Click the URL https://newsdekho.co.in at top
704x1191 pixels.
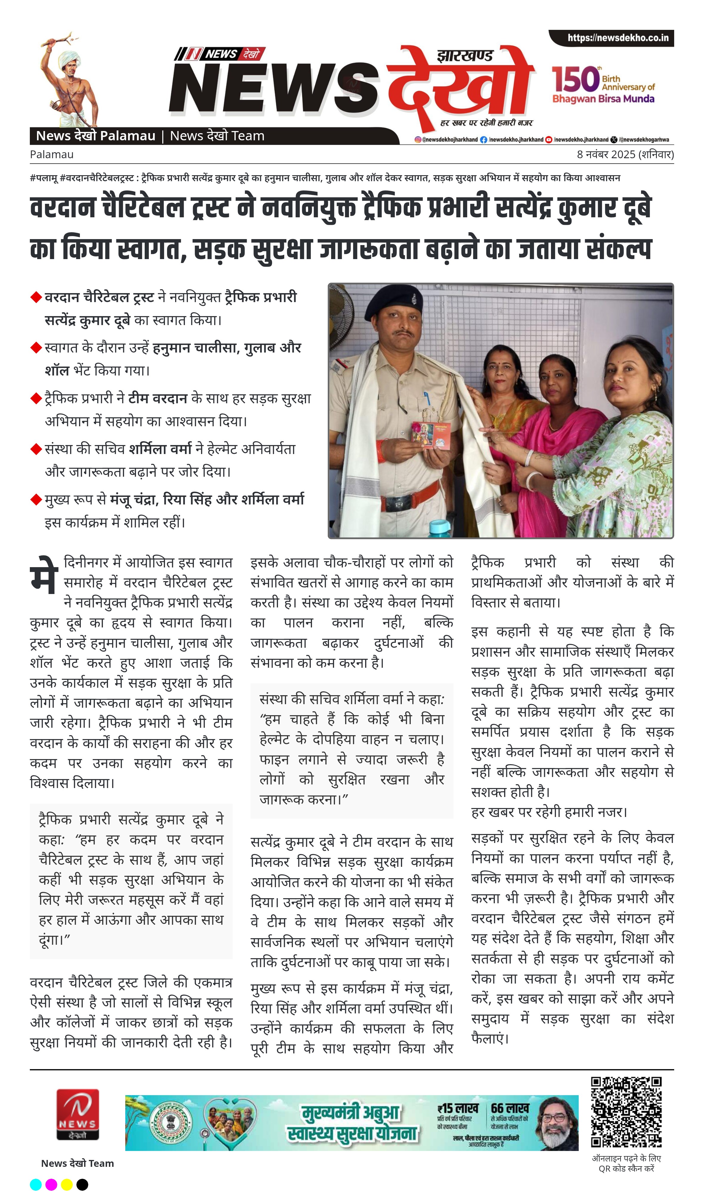(618, 38)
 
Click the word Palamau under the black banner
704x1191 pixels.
(52, 154)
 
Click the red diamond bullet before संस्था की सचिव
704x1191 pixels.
(36, 449)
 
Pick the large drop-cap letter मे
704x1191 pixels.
(44, 575)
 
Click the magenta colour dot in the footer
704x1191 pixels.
(51, 1185)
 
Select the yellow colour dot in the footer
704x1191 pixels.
(67, 1185)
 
